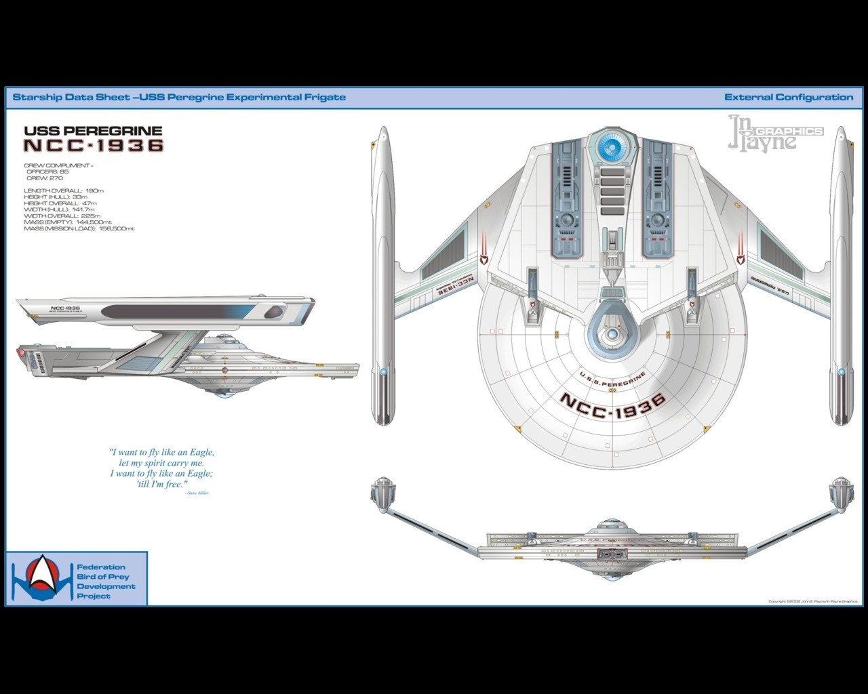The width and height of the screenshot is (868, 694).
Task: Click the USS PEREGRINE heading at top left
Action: (x=93, y=131)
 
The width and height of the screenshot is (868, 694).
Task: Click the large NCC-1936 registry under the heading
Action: (x=94, y=145)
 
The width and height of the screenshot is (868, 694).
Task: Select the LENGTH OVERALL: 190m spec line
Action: (x=64, y=190)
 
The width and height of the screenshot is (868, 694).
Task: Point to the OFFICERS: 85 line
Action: (x=47, y=171)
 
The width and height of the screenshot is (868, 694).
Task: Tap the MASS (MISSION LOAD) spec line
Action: (x=79, y=228)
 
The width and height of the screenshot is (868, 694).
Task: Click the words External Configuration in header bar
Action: (x=789, y=97)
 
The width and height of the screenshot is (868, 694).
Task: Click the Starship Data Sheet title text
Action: (x=179, y=97)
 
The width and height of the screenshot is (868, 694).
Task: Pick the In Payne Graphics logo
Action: (x=773, y=134)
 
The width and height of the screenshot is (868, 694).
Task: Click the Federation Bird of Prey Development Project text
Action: (x=105, y=581)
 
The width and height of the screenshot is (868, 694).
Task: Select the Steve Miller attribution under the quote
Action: (x=197, y=493)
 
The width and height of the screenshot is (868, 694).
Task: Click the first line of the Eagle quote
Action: (x=161, y=452)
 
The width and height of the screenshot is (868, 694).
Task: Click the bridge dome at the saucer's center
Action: (x=612, y=333)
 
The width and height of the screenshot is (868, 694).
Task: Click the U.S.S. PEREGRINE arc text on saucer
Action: (x=612, y=380)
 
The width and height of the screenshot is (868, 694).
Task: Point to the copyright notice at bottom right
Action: (x=812, y=601)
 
